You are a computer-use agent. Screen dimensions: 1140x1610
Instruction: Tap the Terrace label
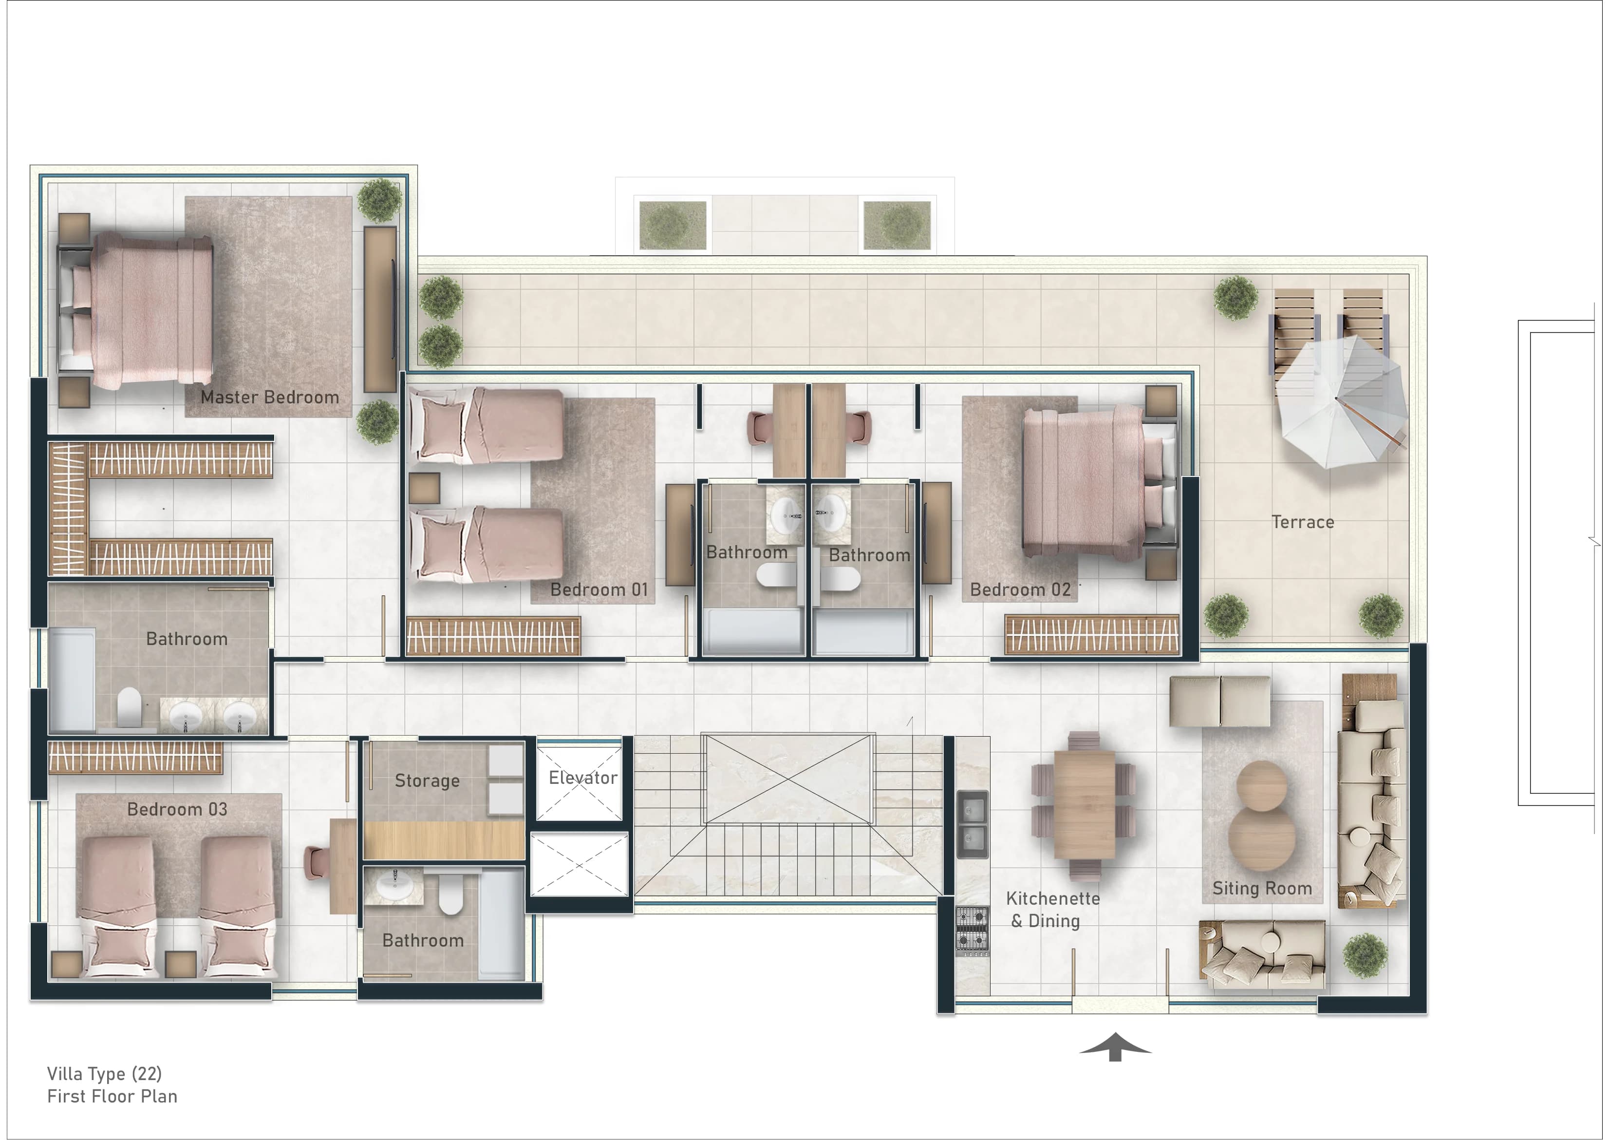point(1303,522)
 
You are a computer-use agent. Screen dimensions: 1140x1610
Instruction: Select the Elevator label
point(583,778)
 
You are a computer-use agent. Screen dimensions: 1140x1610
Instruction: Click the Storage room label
point(427,780)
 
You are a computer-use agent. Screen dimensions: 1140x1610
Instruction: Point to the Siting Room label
point(1262,889)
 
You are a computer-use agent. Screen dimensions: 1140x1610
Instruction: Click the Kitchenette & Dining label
point(1052,910)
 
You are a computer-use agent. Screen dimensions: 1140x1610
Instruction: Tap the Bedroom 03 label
point(177,809)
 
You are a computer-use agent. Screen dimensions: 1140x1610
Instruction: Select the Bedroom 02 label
point(1020,589)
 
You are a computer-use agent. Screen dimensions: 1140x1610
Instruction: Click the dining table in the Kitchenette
point(1085,804)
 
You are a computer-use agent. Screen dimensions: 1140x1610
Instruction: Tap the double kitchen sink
point(973,824)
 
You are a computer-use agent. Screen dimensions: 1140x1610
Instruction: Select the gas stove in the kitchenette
point(973,931)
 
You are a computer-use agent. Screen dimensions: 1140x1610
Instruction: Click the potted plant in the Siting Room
point(1365,955)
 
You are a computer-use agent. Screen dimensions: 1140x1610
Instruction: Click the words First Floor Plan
point(112,1097)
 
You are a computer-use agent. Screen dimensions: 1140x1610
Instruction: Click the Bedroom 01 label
point(599,589)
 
